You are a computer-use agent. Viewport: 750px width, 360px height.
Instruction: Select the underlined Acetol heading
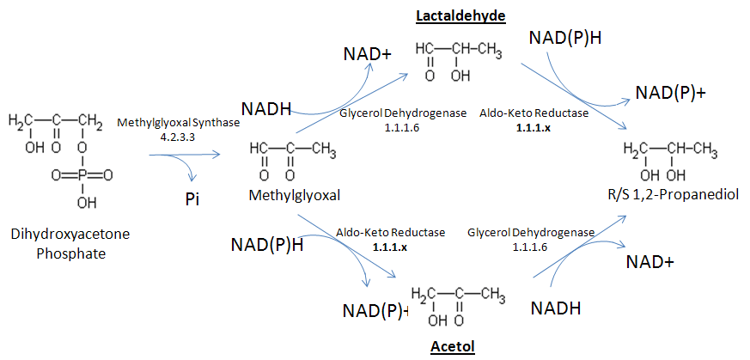pos(452,346)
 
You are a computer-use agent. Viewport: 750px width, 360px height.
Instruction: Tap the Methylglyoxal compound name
pos(295,196)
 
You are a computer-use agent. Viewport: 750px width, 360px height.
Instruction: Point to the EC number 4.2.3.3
pos(179,137)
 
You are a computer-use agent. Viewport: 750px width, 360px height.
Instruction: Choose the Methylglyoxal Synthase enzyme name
pos(179,124)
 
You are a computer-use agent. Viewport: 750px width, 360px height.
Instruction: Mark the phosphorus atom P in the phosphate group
pos(82,175)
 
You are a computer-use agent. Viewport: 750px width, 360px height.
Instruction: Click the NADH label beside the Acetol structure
pos(555,308)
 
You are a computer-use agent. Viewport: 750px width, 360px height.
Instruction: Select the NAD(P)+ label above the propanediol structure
pos(670,93)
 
